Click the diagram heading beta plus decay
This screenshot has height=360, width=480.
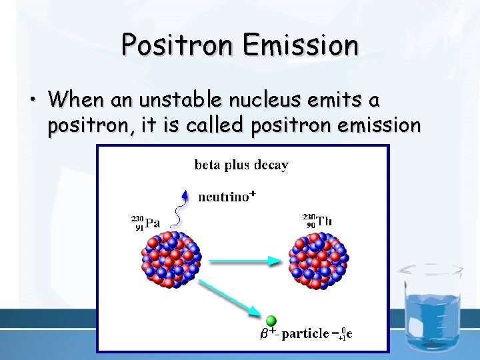tap(241, 165)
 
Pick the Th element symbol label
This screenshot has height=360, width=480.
tap(325, 219)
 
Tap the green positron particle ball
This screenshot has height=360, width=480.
tap(271, 321)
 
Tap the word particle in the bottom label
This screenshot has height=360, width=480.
tap(305, 333)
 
